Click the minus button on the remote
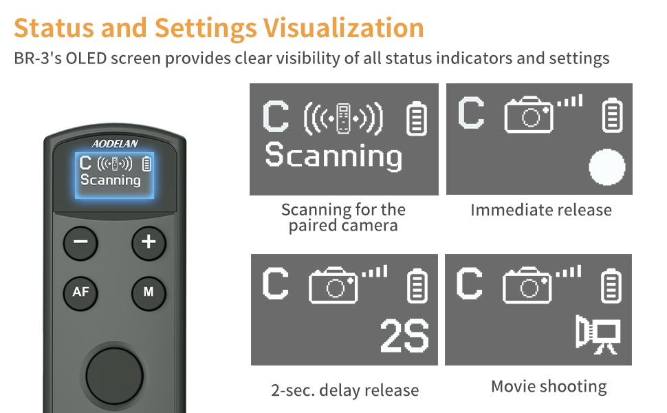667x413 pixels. coord(80,242)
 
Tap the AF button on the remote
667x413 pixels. coord(80,292)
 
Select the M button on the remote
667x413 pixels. coord(149,292)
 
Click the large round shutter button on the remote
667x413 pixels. coord(114,375)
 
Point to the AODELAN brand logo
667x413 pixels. coord(115,143)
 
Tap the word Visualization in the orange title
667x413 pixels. coord(342,28)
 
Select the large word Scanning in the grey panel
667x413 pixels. coord(333,156)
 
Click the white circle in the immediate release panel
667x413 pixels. coord(607,168)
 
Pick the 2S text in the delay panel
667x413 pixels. coord(405,337)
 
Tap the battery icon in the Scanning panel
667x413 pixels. coord(416,118)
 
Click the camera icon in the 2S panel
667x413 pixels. coord(334,284)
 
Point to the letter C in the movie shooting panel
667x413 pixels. coord(470,283)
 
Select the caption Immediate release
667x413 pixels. coord(540,210)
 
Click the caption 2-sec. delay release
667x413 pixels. coord(345,390)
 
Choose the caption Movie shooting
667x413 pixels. coord(549,386)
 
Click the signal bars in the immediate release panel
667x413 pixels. coord(569,102)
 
